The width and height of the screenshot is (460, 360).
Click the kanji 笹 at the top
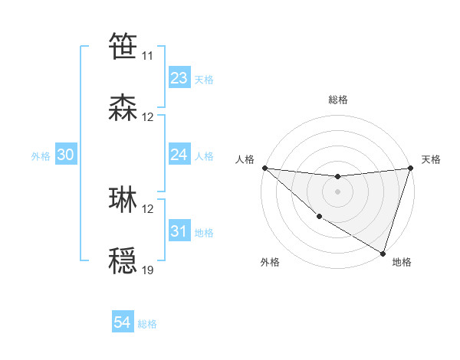[x=123, y=46]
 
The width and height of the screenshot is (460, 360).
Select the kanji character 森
[x=123, y=108]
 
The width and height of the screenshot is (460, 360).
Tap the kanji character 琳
[x=123, y=200]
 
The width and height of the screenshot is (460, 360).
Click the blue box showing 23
[x=179, y=78]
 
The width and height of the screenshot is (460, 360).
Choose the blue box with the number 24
[x=179, y=155]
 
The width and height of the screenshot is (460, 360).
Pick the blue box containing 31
[x=179, y=231]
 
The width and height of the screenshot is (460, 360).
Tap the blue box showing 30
[x=65, y=155]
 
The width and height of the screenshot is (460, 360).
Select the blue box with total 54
[x=123, y=323]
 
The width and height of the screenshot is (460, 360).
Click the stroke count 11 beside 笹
[x=147, y=56]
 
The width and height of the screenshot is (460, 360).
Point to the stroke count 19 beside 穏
[x=147, y=270]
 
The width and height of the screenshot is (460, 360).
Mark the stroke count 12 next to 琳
[x=147, y=208]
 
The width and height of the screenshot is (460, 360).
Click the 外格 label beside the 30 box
[x=41, y=156]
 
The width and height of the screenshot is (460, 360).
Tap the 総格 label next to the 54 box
[x=147, y=324]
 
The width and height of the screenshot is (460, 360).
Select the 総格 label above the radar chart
[x=337, y=100]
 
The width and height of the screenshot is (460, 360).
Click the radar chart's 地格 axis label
[x=402, y=262]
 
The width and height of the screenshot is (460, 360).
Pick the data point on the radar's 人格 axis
[x=264, y=168]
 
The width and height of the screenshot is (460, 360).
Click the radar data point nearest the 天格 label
[x=410, y=168]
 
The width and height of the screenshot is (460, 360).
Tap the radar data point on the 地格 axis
[x=383, y=253]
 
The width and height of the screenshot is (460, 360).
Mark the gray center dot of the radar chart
[x=337, y=191]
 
